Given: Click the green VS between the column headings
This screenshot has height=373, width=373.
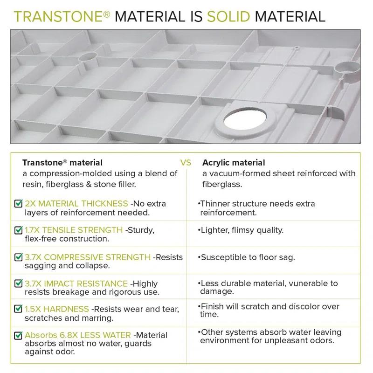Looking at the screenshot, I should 186,163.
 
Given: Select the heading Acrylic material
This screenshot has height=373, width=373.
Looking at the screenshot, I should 233,163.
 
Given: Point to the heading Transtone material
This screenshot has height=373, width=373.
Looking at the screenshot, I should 62,163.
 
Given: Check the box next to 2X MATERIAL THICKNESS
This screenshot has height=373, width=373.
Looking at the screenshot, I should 19,204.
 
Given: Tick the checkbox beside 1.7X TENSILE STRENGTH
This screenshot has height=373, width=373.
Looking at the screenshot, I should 19,230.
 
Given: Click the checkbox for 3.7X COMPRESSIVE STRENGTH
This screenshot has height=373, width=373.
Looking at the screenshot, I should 19,257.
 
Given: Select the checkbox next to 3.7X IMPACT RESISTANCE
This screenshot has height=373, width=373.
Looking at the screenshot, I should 19,283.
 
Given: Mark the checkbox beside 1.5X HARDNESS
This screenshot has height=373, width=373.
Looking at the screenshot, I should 19,309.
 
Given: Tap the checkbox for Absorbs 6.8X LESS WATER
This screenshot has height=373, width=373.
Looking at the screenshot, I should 19,335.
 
